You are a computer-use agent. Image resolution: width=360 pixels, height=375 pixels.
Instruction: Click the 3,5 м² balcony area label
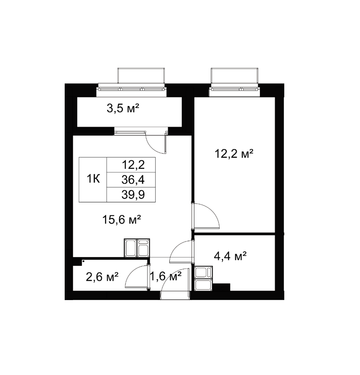(x=123, y=108)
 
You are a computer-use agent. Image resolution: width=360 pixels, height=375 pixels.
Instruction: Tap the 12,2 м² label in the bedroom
(x=234, y=153)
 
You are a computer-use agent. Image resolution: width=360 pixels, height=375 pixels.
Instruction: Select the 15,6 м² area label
(x=121, y=219)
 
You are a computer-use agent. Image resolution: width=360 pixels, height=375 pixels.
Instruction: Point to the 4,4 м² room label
(x=230, y=256)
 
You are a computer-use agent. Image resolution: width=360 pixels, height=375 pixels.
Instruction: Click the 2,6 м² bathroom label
(x=102, y=277)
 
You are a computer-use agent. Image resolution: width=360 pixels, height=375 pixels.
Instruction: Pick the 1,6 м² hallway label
(x=166, y=276)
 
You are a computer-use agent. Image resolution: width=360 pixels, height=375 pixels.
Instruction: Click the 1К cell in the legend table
(x=93, y=179)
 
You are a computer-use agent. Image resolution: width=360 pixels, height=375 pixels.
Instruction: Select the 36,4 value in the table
(x=133, y=180)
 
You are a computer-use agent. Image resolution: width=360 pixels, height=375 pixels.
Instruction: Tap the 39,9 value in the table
(x=133, y=195)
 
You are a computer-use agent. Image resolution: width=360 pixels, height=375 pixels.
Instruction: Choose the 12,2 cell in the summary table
(x=133, y=165)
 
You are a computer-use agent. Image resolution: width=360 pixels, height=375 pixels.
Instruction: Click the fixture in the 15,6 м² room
(x=137, y=248)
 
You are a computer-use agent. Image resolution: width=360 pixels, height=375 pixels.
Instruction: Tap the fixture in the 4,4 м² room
(x=203, y=278)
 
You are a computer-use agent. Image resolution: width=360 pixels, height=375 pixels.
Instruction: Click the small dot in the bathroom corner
(x=83, y=261)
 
